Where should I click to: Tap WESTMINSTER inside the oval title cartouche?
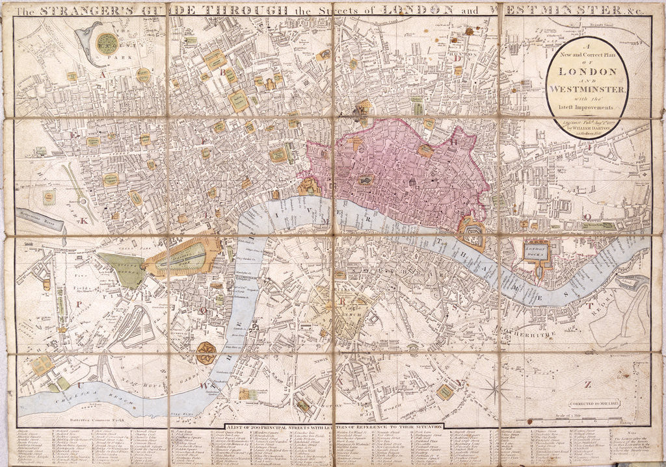pyautogui.click(x=585, y=89)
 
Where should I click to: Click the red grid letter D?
pyautogui.click(x=457, y=58)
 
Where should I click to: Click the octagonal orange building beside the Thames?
pyautogui.click(x=206, y=353)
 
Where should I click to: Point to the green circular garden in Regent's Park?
pyautogui.click(x=107, y=44)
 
